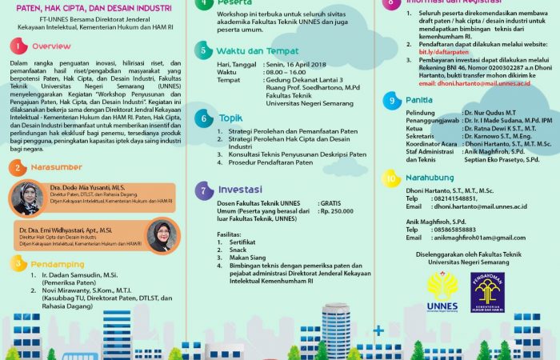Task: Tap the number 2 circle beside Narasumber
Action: pyautogui.click(x=17, y=168)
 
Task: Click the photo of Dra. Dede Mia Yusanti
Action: pyautogui.click(x=27, y=198)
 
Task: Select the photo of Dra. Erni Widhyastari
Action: pyautogui.click(x=158, y=238)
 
